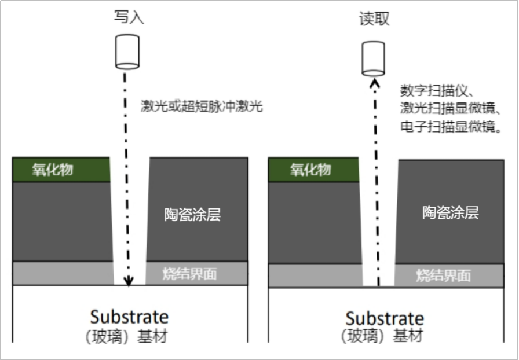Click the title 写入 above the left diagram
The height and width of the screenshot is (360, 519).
129,17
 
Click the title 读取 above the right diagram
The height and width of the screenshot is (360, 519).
374,19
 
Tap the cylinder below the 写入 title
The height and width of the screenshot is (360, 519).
128,52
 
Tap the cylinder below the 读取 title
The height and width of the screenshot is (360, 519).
374,57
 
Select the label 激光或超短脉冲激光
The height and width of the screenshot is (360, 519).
201,106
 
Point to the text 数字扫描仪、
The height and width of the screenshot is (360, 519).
437,91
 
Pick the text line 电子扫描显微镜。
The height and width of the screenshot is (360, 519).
449,127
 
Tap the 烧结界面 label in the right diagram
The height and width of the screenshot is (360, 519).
443,275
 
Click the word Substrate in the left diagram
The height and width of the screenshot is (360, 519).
129,317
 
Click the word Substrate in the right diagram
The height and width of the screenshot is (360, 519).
385,318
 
